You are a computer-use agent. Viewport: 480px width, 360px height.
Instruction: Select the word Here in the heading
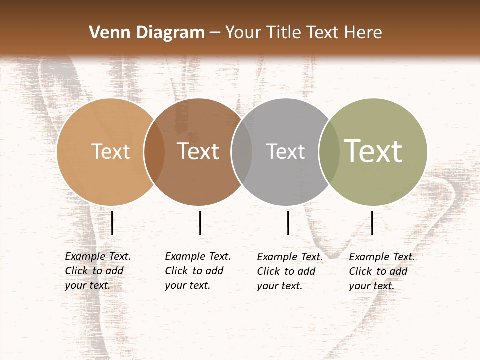point(363,33)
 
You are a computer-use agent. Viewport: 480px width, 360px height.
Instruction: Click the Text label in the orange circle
point(110,151)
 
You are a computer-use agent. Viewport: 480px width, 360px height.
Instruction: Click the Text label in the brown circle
point(198,151)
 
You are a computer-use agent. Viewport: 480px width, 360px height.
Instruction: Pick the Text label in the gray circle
point(285,151)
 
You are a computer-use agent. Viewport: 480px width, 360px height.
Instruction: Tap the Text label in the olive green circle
point(373,151)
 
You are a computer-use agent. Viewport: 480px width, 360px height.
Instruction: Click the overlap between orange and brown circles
point(154,152)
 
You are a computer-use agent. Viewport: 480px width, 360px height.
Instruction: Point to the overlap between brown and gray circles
point(242,152)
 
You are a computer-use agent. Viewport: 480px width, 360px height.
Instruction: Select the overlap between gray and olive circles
point(329,152)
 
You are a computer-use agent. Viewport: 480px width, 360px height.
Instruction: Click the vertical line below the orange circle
point(112,223)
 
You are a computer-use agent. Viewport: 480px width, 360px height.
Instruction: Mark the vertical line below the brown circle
point(200,223)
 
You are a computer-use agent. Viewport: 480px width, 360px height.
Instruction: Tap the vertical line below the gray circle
point(288,223)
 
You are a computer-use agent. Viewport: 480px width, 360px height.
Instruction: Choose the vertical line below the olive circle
point(372,223)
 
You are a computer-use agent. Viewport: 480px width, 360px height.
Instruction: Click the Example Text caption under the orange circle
point(97,271)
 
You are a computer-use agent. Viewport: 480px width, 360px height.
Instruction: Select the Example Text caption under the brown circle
point(197,271)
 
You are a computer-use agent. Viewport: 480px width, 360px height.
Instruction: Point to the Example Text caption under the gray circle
point(289,271)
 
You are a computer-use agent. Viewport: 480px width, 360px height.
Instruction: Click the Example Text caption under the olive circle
point(381,271)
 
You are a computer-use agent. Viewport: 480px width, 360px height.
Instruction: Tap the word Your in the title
point(243,33)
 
